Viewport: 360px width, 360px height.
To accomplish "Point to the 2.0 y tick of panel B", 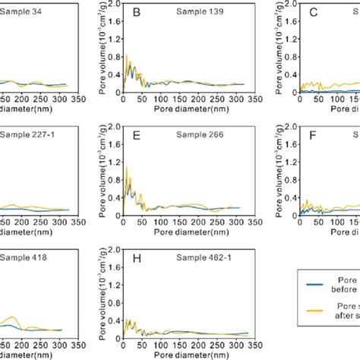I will click(x=115, y=5).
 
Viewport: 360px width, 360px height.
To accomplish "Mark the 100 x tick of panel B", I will click(x=160, y=97).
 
